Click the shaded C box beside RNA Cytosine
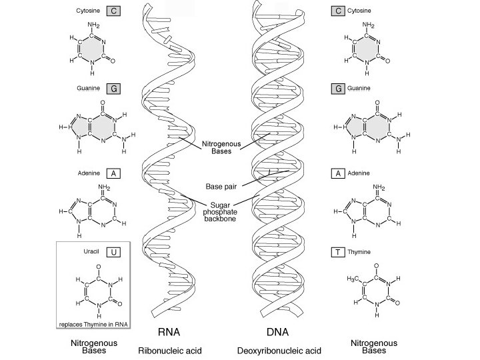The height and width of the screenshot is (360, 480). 115,11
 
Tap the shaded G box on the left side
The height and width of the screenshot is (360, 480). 114,87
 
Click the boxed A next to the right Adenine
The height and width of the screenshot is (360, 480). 338,173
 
